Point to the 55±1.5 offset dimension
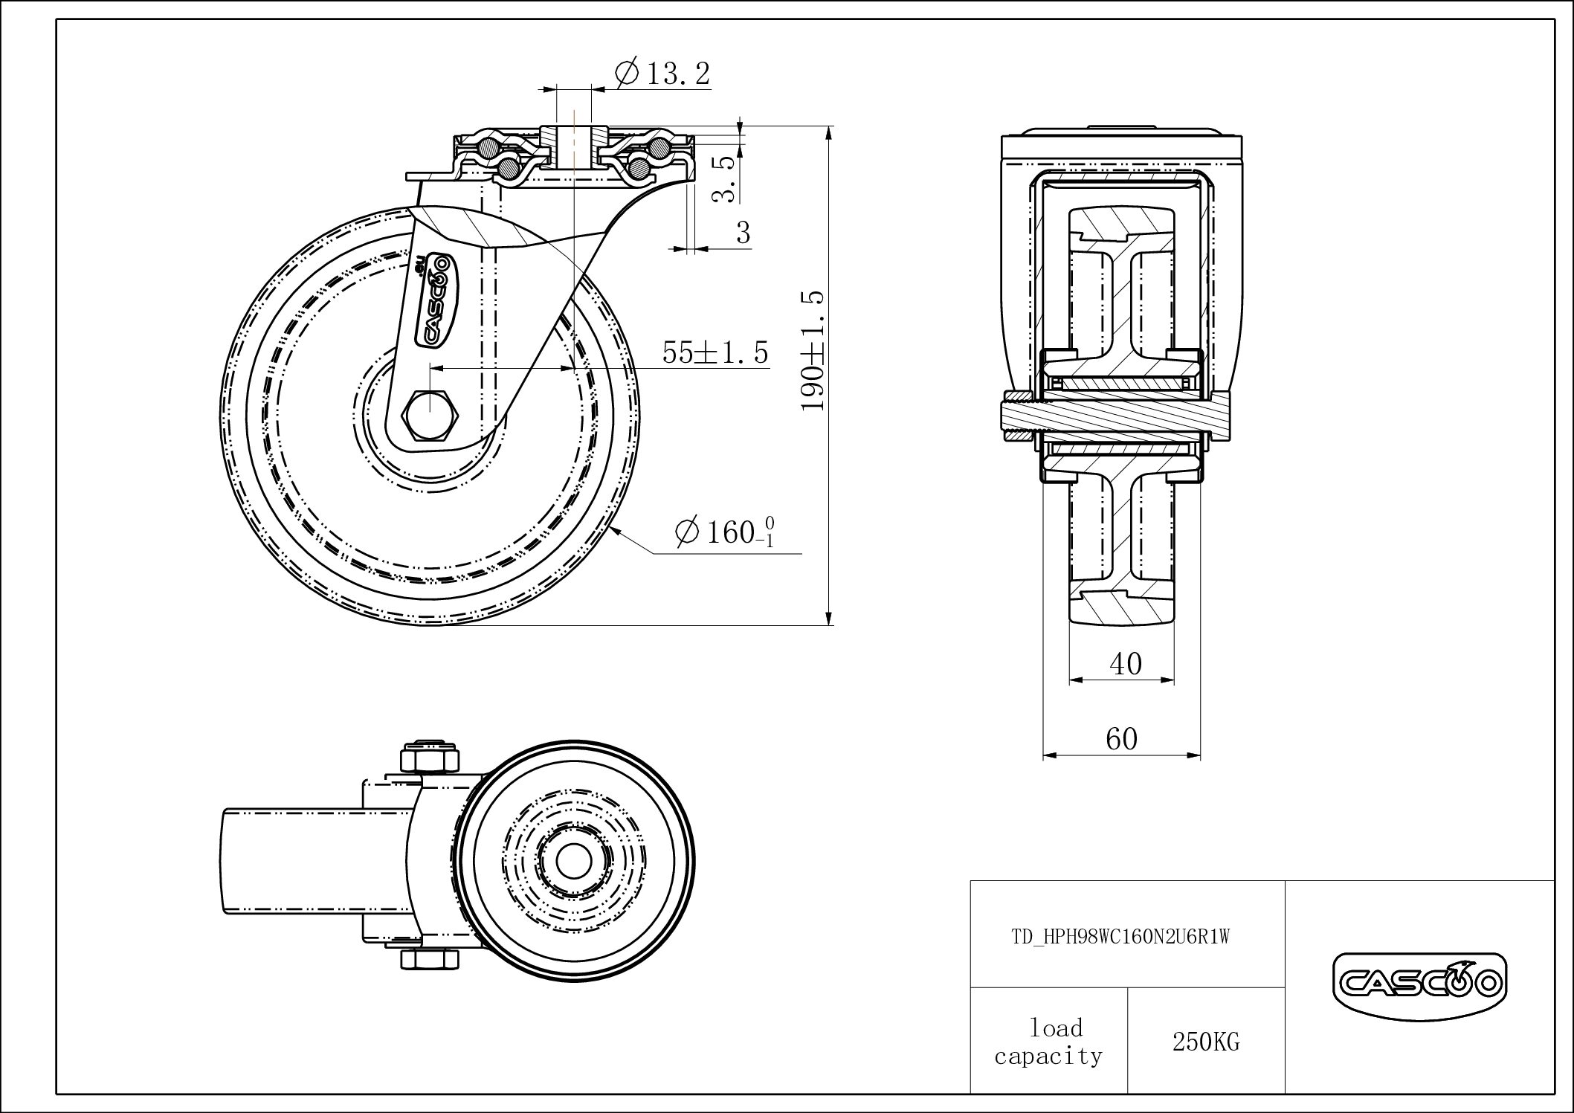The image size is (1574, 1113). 715,352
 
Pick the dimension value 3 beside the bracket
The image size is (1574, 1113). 743,233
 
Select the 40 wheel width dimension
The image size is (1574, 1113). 1125,663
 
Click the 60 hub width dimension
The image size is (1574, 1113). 1121,739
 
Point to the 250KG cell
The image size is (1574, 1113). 1205,1042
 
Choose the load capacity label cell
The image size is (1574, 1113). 1048,1042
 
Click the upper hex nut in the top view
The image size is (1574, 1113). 427,759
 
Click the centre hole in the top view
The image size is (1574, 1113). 571,862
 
